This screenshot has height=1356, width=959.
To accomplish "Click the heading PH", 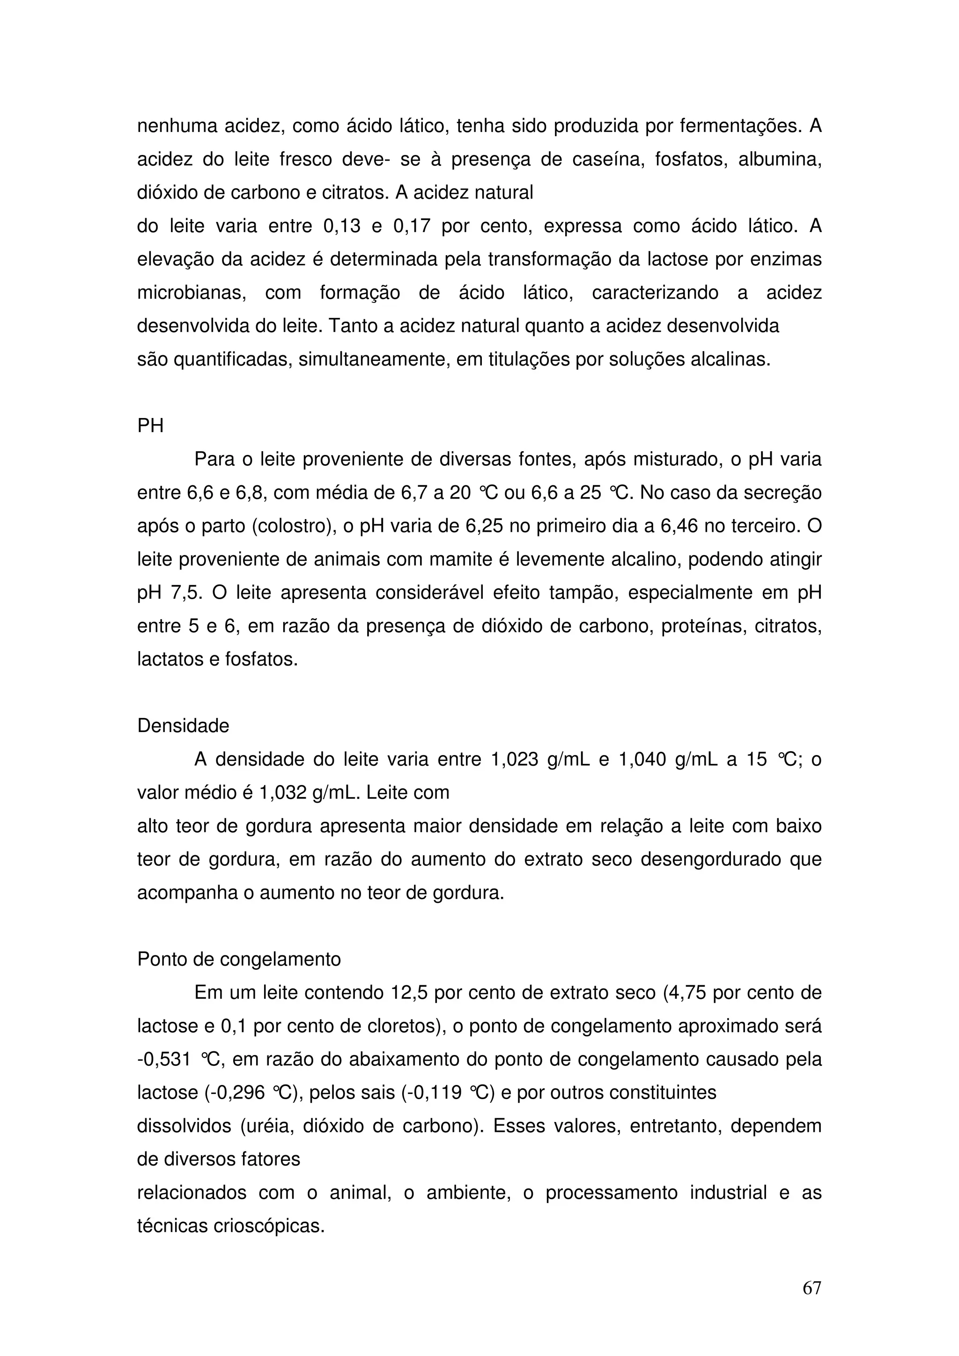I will coord(150,426).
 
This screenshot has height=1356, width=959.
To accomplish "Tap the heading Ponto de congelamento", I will coord(239,959).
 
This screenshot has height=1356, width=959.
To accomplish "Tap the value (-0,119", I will coord(431,1092).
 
